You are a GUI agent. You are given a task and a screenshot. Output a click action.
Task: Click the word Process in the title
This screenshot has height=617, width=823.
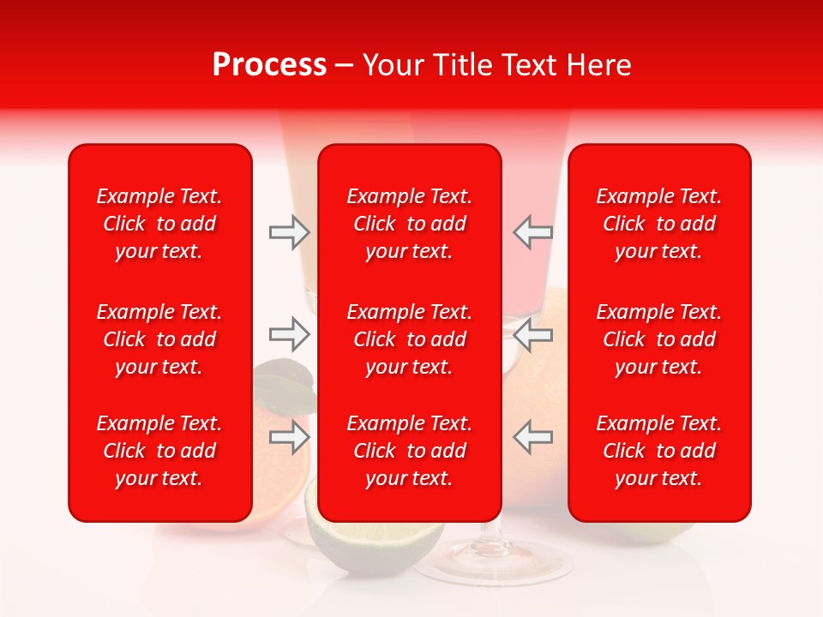coord(269,65)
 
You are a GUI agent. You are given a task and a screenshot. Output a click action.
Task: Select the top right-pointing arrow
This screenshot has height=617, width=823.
coord(289,231)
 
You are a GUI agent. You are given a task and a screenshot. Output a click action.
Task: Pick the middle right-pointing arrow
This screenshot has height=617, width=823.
coord(289,334)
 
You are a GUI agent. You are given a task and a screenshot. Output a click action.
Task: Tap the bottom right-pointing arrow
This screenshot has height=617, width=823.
coord(289,437)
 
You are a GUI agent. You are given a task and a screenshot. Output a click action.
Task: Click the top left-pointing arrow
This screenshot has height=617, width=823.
coord(533,231)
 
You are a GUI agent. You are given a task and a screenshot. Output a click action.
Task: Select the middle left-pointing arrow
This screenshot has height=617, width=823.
coord(533,334)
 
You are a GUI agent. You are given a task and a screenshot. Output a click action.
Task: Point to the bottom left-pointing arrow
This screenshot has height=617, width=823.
coord(533,437)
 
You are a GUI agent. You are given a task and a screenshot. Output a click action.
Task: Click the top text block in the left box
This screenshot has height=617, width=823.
coord(159,224)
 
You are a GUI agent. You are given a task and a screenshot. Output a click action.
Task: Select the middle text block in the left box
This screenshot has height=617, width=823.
coord(159,339)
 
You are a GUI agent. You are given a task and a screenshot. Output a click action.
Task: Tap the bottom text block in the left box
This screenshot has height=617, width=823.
coord(159,451)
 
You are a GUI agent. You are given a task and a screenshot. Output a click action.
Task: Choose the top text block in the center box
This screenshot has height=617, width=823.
coord(409,224)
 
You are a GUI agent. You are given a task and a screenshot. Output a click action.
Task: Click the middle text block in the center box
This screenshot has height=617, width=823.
coord(409,339)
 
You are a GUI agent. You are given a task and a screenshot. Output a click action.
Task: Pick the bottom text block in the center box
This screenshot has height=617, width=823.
coord(409,451)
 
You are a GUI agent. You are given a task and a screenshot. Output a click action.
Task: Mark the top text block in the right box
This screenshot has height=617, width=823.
coord(658,224)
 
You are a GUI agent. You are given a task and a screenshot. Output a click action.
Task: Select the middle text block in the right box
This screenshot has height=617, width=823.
coord(658,339)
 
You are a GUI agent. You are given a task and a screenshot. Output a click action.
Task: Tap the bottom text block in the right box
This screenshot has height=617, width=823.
coord(658,451)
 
